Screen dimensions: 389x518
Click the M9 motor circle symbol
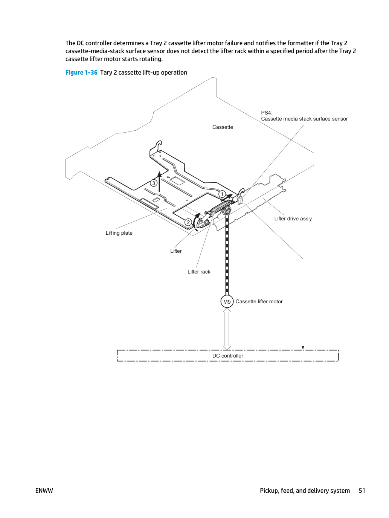click(227, 301)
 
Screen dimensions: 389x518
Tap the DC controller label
click(228, 356)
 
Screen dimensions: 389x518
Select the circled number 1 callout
click(222, 194)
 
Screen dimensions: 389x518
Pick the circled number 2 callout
click(188, 222)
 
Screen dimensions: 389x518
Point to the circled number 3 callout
click(154, 183)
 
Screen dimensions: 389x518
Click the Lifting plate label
click(119, 233)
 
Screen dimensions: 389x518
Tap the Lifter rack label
click(199, 272)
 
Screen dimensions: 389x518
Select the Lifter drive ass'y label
click(293, 219)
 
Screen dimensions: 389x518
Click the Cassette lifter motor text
click(259, 301)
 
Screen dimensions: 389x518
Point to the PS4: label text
click(267, 113)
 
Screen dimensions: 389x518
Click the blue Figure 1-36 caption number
click(81, 72)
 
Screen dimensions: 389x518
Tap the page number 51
click(362, 490)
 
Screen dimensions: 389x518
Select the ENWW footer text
click(44, 490)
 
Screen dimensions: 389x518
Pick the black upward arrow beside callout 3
click(159, 182)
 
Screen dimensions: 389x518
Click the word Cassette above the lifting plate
click(223, 127)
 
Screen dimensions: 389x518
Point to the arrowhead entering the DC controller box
click(303, 348)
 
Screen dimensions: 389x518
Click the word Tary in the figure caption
click(106, 72)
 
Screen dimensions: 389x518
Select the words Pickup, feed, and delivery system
click(305, 490)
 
